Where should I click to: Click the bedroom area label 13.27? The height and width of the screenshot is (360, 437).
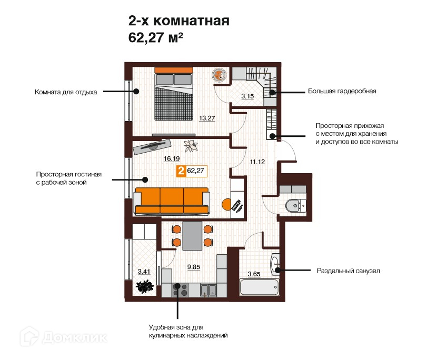pyautogui.click(x=207, y=118)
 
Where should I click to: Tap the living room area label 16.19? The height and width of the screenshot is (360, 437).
pyautogui.click(x=172, y=158)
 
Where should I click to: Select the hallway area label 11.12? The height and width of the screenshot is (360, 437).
pyautogui.click(x=257, y=162)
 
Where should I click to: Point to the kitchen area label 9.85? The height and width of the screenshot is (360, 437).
pyautogui.click(x=193, y=267)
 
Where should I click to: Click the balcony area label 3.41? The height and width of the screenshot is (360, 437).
pyautogui.click(x=144, y=272)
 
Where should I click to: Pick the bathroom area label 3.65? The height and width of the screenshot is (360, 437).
pyautogui.click(x=254, y=274)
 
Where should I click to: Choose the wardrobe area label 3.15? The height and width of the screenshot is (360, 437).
pyautogui.click(x=247, y=96)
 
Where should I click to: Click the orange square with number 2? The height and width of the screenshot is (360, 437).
pyautogui.click(x=181, y=171)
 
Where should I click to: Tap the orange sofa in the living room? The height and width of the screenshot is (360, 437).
pyautogui.click(x=172, y=201)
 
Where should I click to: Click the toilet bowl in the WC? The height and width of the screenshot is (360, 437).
pyautogui.click(x=294, y=206)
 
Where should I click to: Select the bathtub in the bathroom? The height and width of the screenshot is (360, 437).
pyautogui.click(x=259, y=287)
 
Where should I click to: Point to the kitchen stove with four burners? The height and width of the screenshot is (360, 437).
pyautogui.click(x=180, y=289)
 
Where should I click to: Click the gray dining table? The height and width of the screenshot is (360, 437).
pyautogui.click(x=192, y=236)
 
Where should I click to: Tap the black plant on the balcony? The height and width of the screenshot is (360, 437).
pyautogui.click(x=145, y=286)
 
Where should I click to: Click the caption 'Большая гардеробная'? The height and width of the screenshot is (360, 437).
pyautogui.click(x=342, y=91)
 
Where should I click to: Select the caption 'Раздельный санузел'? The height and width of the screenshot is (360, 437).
pyautogui.click(x=348, y=271)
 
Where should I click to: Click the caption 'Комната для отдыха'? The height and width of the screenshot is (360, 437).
pyautogui.click(x=66, y=92)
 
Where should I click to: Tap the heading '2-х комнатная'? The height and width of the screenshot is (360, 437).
pyautogui.click(x=178, y=21)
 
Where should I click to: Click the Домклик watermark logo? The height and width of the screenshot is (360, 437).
pyautogui.click(x=64, y=337)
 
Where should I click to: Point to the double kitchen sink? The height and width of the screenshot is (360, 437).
pyautogui.click(x=208, y=290)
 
